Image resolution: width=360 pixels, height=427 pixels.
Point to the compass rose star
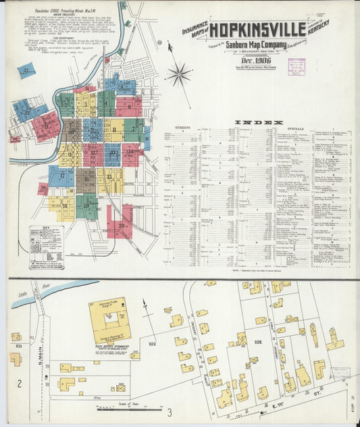point(179,74)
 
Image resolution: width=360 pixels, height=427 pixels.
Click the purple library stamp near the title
point(297,66)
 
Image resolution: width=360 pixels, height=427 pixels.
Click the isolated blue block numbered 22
point(26,70)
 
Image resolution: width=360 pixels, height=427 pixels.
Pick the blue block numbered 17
point(61,176)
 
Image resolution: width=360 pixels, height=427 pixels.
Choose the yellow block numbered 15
point(110,180)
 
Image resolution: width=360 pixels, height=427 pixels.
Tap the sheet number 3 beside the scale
point(170,411)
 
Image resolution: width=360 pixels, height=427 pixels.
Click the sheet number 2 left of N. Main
point(20,384)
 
